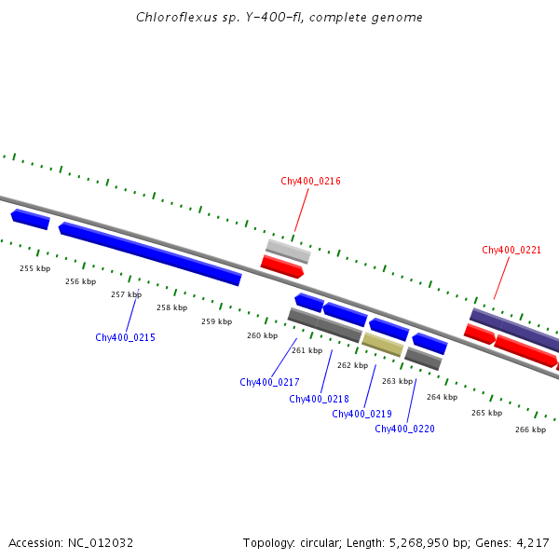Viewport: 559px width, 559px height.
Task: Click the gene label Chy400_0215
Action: pos(125,337)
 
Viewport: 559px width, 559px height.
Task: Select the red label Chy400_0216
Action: pos(310,181)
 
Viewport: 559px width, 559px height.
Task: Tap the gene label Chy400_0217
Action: pos(269,382)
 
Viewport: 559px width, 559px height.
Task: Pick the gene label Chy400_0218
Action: pos(319,399)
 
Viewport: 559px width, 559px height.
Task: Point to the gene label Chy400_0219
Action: pos(361,414)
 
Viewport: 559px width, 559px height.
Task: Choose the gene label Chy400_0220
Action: pos(404,429)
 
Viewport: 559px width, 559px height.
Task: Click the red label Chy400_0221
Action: pos(511,250)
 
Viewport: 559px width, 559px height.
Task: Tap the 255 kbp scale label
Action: pos(34,268)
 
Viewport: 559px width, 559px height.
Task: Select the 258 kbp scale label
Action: pos(171,307)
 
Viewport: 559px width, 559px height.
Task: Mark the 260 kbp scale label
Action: pos(262,335)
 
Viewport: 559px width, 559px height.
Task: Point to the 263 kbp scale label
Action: pos(397,381)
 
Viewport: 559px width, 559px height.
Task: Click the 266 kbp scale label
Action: pos(530,429)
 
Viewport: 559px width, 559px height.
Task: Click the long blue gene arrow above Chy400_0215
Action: pos(149,252)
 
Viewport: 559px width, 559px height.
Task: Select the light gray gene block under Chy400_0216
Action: pos(288,251)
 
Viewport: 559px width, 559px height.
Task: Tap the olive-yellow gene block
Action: pos(382,345)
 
